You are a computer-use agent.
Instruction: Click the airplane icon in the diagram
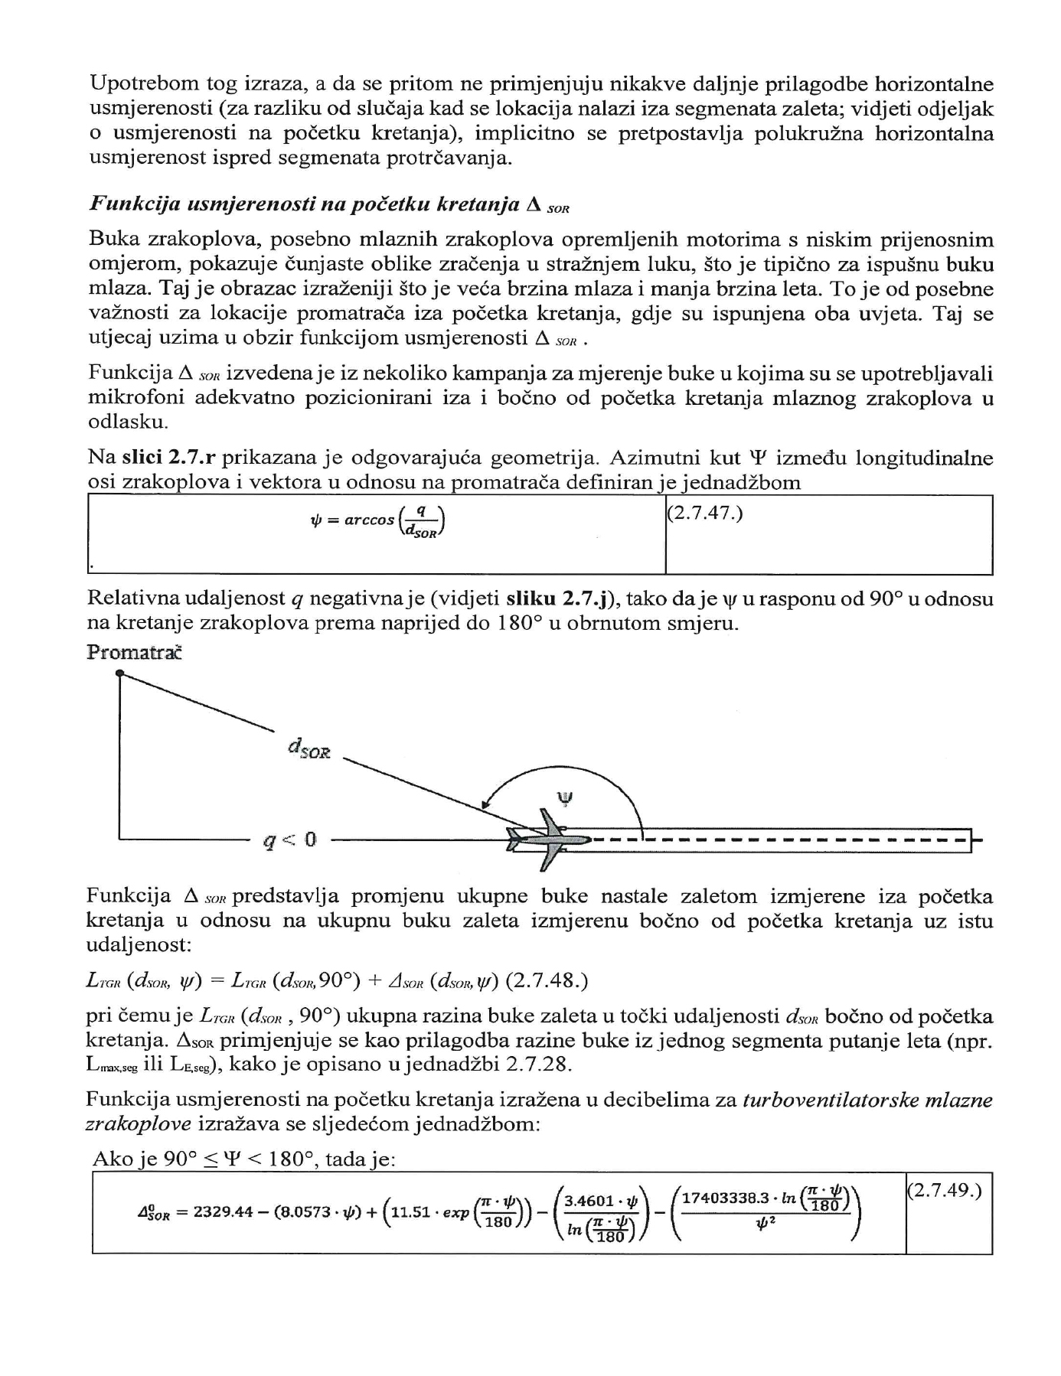click(550, 840)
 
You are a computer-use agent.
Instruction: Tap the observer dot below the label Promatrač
click(119, 673)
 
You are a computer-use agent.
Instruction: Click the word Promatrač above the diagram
click(135, 653)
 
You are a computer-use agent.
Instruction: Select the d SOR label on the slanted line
click(309, 748)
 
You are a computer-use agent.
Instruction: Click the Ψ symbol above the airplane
click(565, 799)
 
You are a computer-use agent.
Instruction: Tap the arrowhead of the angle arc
click(485, 804)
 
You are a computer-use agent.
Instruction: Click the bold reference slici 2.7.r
click(168, 458)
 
